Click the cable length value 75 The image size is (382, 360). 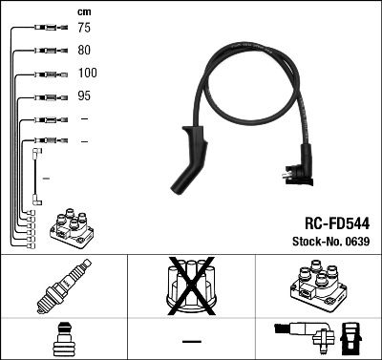pos(85,28)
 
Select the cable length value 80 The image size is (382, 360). pos(85,51)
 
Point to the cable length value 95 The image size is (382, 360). pos(85,96)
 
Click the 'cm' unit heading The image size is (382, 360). pos(84,11)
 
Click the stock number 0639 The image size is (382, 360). pos(356,241)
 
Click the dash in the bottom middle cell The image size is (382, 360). pos(191,340)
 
